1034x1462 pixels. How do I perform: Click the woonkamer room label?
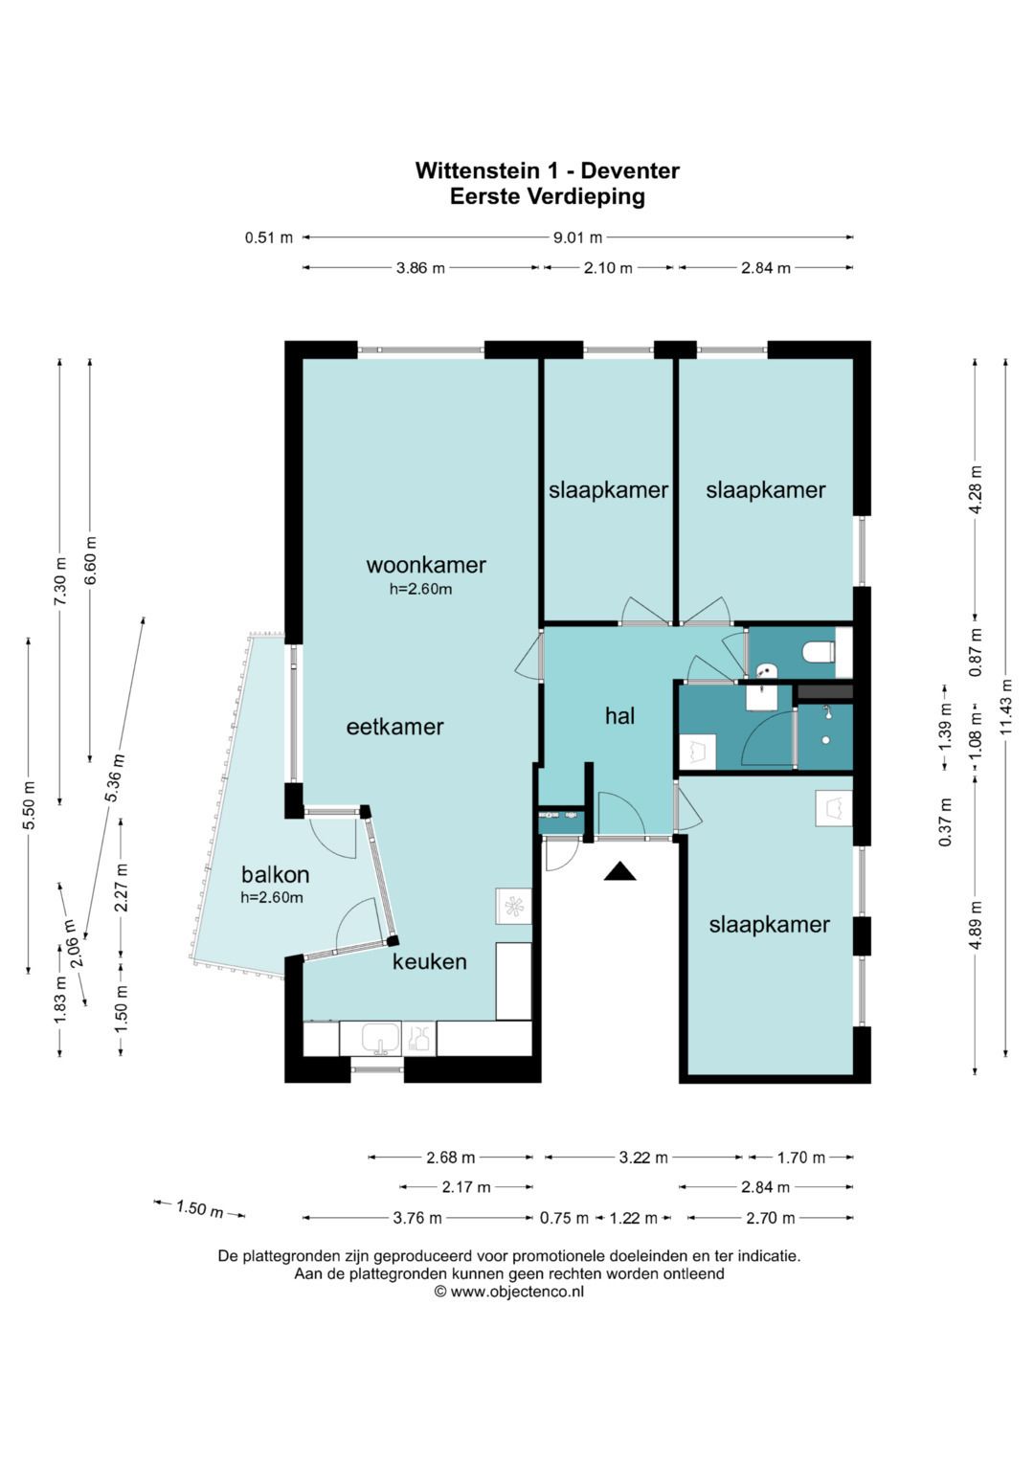click(x=426, y=565)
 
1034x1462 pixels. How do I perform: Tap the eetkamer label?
click(x=394, y=727)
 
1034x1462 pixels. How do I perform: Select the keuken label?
click(x=430, y=961)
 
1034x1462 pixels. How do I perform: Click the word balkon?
click(x=275, y=874)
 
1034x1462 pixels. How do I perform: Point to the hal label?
click(x=619, y=716)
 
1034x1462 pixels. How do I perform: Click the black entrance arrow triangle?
click(x=619, y=871)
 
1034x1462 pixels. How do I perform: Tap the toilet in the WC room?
click(x=820, y=652)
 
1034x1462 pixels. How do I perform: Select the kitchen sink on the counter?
click(x=381, y=1039)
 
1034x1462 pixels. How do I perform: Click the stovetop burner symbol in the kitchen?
click(x=514, y=906)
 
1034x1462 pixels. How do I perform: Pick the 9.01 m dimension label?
click(x=577, y=237)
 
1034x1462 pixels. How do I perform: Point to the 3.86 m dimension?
click(x=420, y=267)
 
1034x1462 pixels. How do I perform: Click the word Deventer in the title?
click(x=630, y=171)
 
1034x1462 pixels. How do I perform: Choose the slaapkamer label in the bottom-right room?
click(x=769, y=924)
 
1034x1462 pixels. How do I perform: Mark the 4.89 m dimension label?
click(x=976, y=917)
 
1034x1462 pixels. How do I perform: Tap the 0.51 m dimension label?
click(x=269, y=237)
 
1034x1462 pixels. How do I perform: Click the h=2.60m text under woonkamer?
click(x=421, y=589)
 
